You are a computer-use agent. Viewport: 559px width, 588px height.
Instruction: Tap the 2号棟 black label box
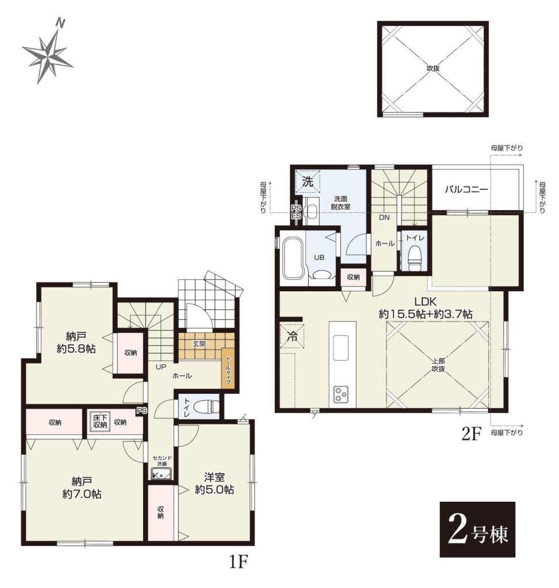pyautogui.click(x=477, y=529)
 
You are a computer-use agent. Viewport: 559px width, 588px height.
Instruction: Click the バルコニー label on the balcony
pyautogui.click(x=466, y=189)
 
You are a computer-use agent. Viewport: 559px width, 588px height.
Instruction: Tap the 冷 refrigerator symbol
pyautogui.click(x=292, y=335)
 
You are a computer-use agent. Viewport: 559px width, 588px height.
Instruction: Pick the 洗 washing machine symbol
pyautogui.click(x=307, y=182)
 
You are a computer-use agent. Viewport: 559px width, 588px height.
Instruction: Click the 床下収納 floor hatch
pyautogui.click(x=100, y=421)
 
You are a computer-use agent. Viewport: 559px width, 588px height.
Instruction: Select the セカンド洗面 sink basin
pyautogui.click(x=162, y=474)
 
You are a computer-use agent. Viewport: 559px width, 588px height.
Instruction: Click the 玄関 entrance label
pyautogui.click(x=199, y=343)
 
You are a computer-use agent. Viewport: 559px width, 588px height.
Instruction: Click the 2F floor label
pyautogui.click(x=470, y=434)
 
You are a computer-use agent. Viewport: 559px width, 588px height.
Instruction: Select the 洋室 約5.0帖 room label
pyautogui.click(x=214, y=483)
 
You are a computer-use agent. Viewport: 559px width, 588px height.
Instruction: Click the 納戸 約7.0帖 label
pyautogui.click(x=81, y=488)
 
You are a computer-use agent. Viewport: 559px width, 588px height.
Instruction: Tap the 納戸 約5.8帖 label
pyautogui.click(x=76, y=343)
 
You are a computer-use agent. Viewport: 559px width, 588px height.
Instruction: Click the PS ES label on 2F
pyautogui.click(x=296, y=212)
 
